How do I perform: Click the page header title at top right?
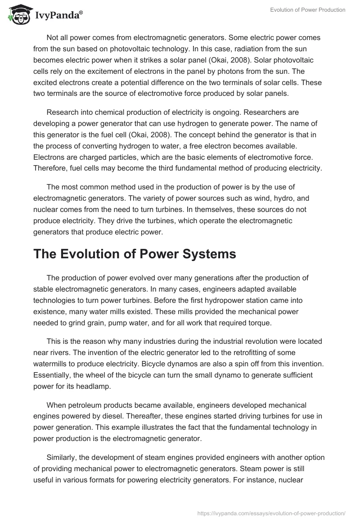click(308, 10)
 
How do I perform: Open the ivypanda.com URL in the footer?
click(271, 513)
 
